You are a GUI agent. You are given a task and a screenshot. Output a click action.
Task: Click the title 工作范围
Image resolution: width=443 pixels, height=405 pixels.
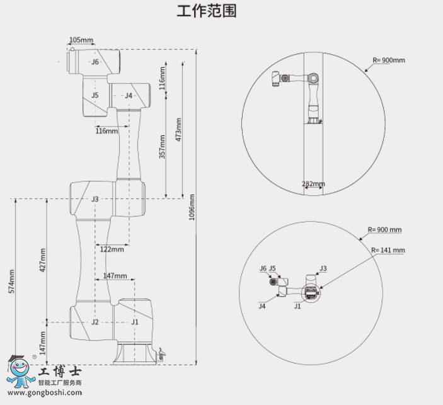pyautogui.click(x=207, y=11)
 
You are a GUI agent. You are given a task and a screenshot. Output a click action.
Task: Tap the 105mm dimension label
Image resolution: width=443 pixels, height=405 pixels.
pyautogui.click(x=81, y=40)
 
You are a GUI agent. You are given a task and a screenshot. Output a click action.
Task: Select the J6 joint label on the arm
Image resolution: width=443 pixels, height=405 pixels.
pyautogui.click(x=95, y=62)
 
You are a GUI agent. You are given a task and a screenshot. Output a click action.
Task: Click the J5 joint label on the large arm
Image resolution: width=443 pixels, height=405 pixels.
pyautogui.click(x=95, y=95)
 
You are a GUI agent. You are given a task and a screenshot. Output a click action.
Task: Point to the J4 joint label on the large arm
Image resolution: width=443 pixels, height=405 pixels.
pyautogui.click(x=129, y=96)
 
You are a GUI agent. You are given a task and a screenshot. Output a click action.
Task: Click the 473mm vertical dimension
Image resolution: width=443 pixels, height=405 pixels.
pyautogui.click(x=179, y=129)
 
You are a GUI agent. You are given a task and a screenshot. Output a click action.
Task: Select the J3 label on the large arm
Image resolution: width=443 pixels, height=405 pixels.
pyautogui.click(x=95, y=199)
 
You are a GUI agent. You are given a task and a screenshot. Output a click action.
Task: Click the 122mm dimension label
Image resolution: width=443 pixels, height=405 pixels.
pyautogui.click(x=112, y=249)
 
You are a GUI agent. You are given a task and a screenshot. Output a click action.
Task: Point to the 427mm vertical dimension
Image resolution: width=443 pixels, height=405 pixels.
pyautogui.click(x=43, y=259)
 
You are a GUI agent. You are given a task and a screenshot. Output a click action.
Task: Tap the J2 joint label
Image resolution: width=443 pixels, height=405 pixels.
pyautogui.click(x=95, y=322)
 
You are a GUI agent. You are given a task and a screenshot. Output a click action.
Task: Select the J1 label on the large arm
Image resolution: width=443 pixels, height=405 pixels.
pyautogui.click(x=135, y=322)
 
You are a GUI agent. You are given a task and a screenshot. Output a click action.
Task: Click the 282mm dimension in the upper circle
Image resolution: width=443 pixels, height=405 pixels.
pyautogui.click(x=313, y=185)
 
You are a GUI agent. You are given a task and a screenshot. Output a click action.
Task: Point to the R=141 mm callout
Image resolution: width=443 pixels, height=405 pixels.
pyautogui.click(x=388, y=250)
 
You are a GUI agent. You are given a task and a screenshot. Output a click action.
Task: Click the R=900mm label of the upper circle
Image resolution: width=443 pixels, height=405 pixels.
pyautogui.click(x=389, y=60)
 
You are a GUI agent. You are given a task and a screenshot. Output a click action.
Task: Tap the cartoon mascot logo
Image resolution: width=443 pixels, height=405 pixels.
pyautogui.click(x=22, y=373)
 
